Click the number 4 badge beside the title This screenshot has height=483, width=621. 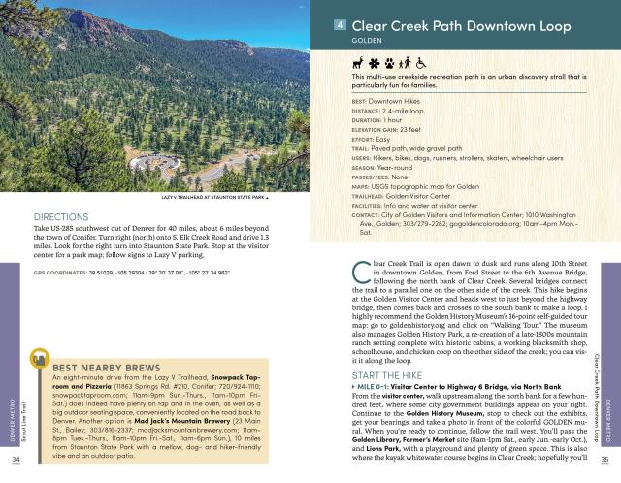coord(340,26)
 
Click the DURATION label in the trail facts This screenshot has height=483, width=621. coord(369,121)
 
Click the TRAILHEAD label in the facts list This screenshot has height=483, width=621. coord(373,193)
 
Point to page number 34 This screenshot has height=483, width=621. coord(16,460)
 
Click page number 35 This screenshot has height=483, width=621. coord(605,460)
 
